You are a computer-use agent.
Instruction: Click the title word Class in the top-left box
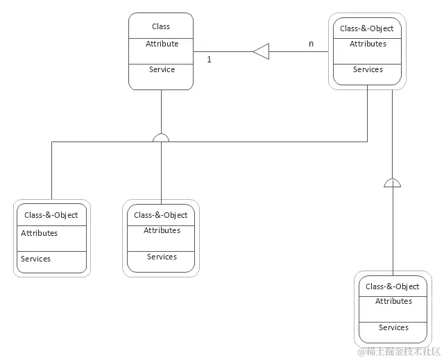(x=161, y=26)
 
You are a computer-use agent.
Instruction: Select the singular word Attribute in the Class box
(x=162, y=44)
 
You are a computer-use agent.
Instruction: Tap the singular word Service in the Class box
(x=162, y=69)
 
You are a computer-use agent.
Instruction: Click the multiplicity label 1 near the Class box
(x=209, y=60)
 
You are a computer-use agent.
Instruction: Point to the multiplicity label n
(x=311, y=44)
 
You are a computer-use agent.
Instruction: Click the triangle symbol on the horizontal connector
(x=260, y=51)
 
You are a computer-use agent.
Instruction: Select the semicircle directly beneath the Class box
(x=161, y=137)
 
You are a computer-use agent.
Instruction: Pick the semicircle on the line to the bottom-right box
(x=393, y=183)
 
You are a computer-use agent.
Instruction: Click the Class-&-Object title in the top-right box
(x=367, y=28)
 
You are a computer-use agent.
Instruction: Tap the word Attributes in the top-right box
(x=368, y=44)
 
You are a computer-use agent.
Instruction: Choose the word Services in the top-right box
(x=368, y=69)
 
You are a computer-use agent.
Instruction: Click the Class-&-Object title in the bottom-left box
(x=51, y=215)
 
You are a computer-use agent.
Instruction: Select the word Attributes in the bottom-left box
(x=40, y=233)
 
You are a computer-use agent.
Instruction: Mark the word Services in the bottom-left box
(x=36, y=259)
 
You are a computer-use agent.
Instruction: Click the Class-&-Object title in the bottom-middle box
(x=161, y=215)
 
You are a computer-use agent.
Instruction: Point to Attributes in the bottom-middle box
(x=162, y=230)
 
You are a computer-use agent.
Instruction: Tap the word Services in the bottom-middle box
(x=162, y=257)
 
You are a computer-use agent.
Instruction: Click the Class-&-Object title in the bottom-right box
(x=393, y=286)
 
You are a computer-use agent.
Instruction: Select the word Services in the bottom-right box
(x=393, y=327)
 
